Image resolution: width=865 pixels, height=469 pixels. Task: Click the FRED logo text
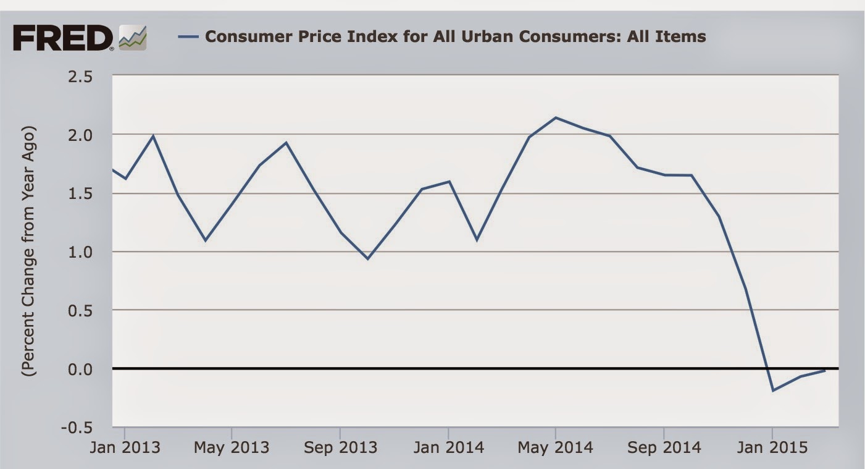(62, 38)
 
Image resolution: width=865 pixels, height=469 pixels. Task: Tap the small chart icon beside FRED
(133, 38)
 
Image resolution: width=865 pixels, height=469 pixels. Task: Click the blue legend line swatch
(188, 36)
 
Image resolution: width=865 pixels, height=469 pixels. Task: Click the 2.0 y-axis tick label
(93, 135)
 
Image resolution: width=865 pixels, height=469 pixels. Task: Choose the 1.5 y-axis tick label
(93, 193)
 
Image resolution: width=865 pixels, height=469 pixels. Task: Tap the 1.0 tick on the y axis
(93, 251)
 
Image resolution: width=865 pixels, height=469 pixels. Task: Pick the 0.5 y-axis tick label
(93, 310)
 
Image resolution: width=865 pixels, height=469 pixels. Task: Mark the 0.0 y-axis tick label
(93, 369)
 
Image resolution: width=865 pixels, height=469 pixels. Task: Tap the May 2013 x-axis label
(232, 447)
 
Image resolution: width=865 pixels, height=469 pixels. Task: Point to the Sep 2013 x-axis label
(340, 447)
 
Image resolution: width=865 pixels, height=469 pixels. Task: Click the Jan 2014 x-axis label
(448, 447)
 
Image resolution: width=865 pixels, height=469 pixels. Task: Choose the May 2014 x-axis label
(556, 447)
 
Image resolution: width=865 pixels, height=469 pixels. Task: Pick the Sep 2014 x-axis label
(664, 447)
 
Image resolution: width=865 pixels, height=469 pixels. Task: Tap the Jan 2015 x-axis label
(772, 447)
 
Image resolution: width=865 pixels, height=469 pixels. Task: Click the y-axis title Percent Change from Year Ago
(29, 251)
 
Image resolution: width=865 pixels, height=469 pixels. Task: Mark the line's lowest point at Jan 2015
(772, 391)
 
